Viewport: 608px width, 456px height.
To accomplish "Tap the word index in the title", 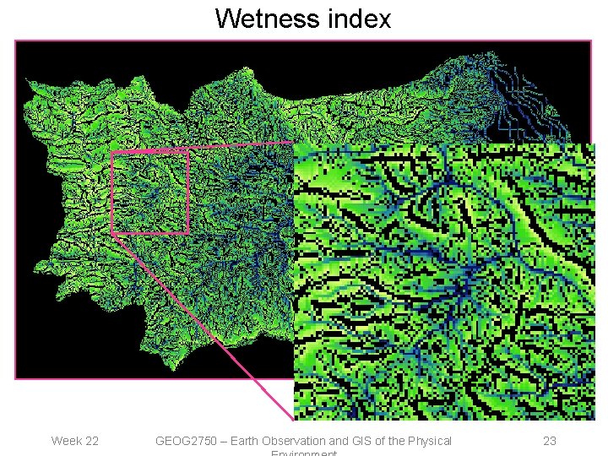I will (x=361, y=18).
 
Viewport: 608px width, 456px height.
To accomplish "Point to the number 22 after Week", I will (x=91, y=441).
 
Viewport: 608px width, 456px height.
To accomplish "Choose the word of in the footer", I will (x=385, y=441).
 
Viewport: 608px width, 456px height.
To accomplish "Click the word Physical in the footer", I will (x=433, y=441).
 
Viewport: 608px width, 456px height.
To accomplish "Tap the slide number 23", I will (x=549, y=441).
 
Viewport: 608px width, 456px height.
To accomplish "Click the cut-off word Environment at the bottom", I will (x=303, y=453).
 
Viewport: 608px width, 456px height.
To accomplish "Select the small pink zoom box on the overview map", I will (x=149, y=191).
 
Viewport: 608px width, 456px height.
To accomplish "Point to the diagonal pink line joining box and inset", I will (x=203, y=326).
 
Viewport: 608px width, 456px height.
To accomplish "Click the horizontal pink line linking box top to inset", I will (x=241, y=146).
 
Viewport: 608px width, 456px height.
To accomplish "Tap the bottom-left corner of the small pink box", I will (x=112, y=232).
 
